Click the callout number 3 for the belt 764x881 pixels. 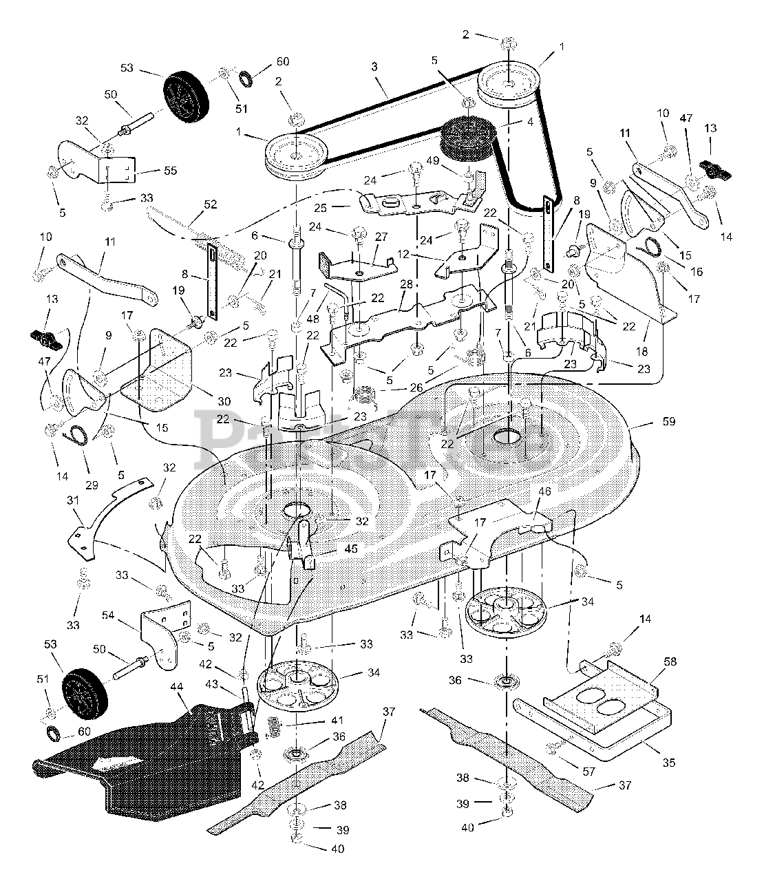tap(374, 67)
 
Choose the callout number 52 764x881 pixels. tap(211, 204)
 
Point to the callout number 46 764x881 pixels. tap(544, 492)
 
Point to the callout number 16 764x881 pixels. tap(696, 273)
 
